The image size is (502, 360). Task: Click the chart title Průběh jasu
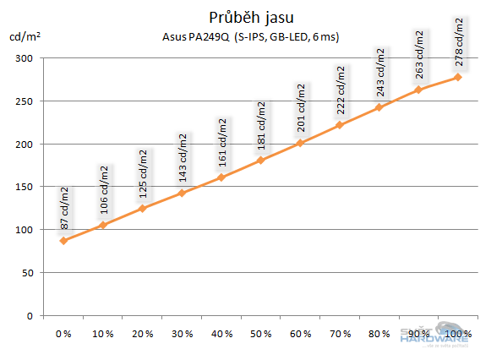pyautogui.click(x=250, y=17)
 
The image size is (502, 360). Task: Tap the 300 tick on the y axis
pyautogui.click(x=24, y=58)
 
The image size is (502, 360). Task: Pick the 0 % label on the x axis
pyautogui.click(x=63, y=335)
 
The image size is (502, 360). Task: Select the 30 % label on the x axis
pyautogui.click(x=182, y=335)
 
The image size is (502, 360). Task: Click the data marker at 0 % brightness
pyautogui.click(x=63, y=241)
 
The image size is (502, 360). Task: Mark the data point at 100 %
pyautogui.click(x=458, y=77)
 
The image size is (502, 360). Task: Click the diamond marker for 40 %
pyautogui.click(x=221, y=177)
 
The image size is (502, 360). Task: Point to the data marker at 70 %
pyautogui.click(x=340, y=125)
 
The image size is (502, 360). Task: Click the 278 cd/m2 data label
pyautogui.click(x=459, y=42)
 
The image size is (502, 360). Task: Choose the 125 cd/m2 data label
pyautogui.click(x=143, y=172)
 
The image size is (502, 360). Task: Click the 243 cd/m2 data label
pyautogui.click(x=380, y=72)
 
